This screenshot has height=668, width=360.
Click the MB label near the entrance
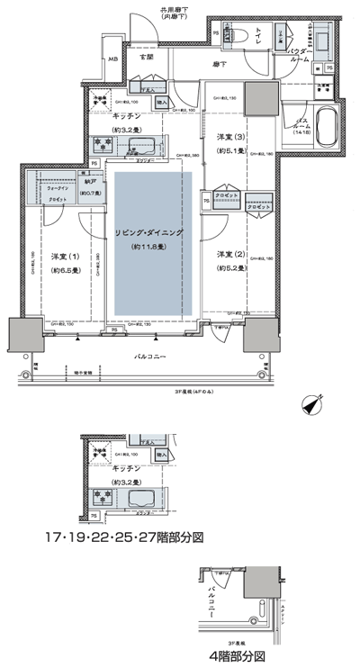112,59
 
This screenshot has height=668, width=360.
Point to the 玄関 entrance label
147,58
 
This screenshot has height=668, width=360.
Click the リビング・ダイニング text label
149,232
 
